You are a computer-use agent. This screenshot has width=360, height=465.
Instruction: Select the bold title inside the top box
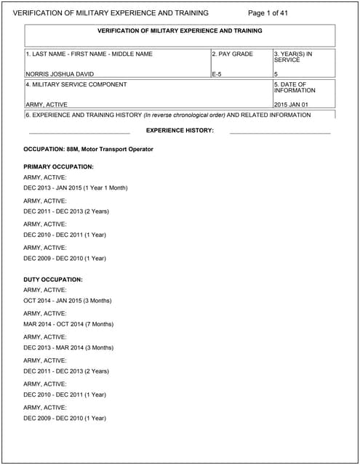tap(180, 31)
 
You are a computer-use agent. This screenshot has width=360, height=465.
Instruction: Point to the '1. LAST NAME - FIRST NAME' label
tap(89, 54)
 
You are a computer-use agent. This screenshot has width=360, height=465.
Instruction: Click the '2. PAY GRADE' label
tap(233, 54)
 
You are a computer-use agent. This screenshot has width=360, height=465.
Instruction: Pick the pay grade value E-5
tap(217, 74)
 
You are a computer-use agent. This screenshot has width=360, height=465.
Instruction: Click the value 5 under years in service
tap(276, 74)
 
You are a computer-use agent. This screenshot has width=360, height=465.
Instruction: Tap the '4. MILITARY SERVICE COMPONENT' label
tap(76, 84)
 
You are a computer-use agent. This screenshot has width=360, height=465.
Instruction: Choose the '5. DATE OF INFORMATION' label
tap(295, 87)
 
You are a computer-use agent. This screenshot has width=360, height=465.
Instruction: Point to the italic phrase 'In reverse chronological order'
tap(184, 115)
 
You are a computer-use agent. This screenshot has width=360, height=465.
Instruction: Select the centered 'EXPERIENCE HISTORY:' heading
tap(180, 130)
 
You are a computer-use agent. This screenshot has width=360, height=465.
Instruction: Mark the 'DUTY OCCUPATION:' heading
tap(53, 280)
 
